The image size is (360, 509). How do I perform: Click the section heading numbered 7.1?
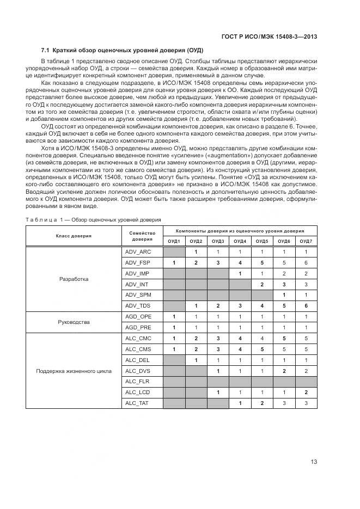coord(123,50)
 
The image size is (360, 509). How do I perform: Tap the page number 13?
coord(314,462)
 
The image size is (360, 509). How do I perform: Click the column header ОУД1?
coord(174,241)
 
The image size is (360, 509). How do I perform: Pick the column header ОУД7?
coord(306,241)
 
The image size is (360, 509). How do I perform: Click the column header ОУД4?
coord(240,241)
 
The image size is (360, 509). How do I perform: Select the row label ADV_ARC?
coord(138,252)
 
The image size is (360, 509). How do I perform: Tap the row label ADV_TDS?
coord(138,306)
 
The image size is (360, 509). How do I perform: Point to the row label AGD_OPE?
coord(138,317)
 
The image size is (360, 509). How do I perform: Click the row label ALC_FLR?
coord(137,382)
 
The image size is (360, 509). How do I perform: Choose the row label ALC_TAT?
coord(138,403)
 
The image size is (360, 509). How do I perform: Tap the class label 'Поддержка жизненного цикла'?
coord(74,371)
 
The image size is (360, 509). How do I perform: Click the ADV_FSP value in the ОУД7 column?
coord(306,263)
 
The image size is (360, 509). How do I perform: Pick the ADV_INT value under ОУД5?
coord(262,285)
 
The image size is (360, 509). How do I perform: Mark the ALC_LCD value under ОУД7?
coord(306,393)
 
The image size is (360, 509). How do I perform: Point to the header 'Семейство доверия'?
coord(142,236)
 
